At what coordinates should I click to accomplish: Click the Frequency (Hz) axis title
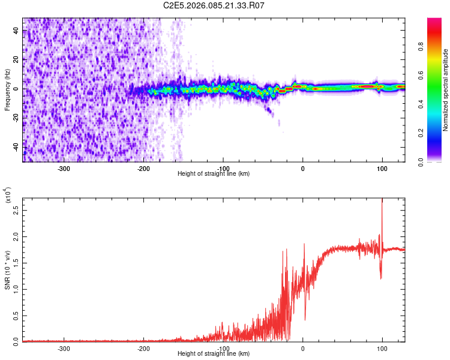(x=7, y=89)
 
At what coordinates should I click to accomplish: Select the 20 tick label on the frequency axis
(x=16, y=60)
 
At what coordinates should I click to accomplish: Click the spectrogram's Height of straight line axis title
(x=214, y=173)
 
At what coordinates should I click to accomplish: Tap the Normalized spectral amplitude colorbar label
(x=446, y=90)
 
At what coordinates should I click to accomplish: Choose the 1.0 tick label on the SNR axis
(x=16, y=289)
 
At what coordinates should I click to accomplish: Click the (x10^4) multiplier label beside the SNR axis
(x=8, y=196)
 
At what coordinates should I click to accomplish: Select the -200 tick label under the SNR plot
(x=143, y=348)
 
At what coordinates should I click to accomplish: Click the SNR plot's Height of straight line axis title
(x=214, y=354)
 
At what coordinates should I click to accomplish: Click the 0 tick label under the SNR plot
(x=302, y=348)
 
